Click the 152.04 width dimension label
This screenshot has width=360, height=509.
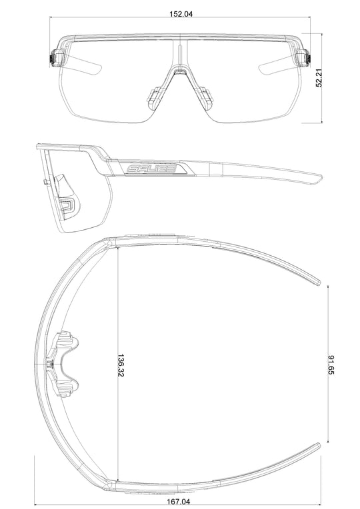click(181, 14)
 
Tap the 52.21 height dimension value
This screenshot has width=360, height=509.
click(319, 78)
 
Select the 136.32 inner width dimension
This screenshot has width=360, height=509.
click(121, 365)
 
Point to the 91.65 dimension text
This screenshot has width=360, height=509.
click(331, 365)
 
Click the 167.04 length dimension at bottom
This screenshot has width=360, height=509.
click(179, 502)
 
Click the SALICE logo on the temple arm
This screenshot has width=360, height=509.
click(151, 169)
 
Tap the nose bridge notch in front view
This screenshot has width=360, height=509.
click(180, 71)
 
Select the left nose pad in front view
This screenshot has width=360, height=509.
click(153, 98)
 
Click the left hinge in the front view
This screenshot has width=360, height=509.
click(55, 58)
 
